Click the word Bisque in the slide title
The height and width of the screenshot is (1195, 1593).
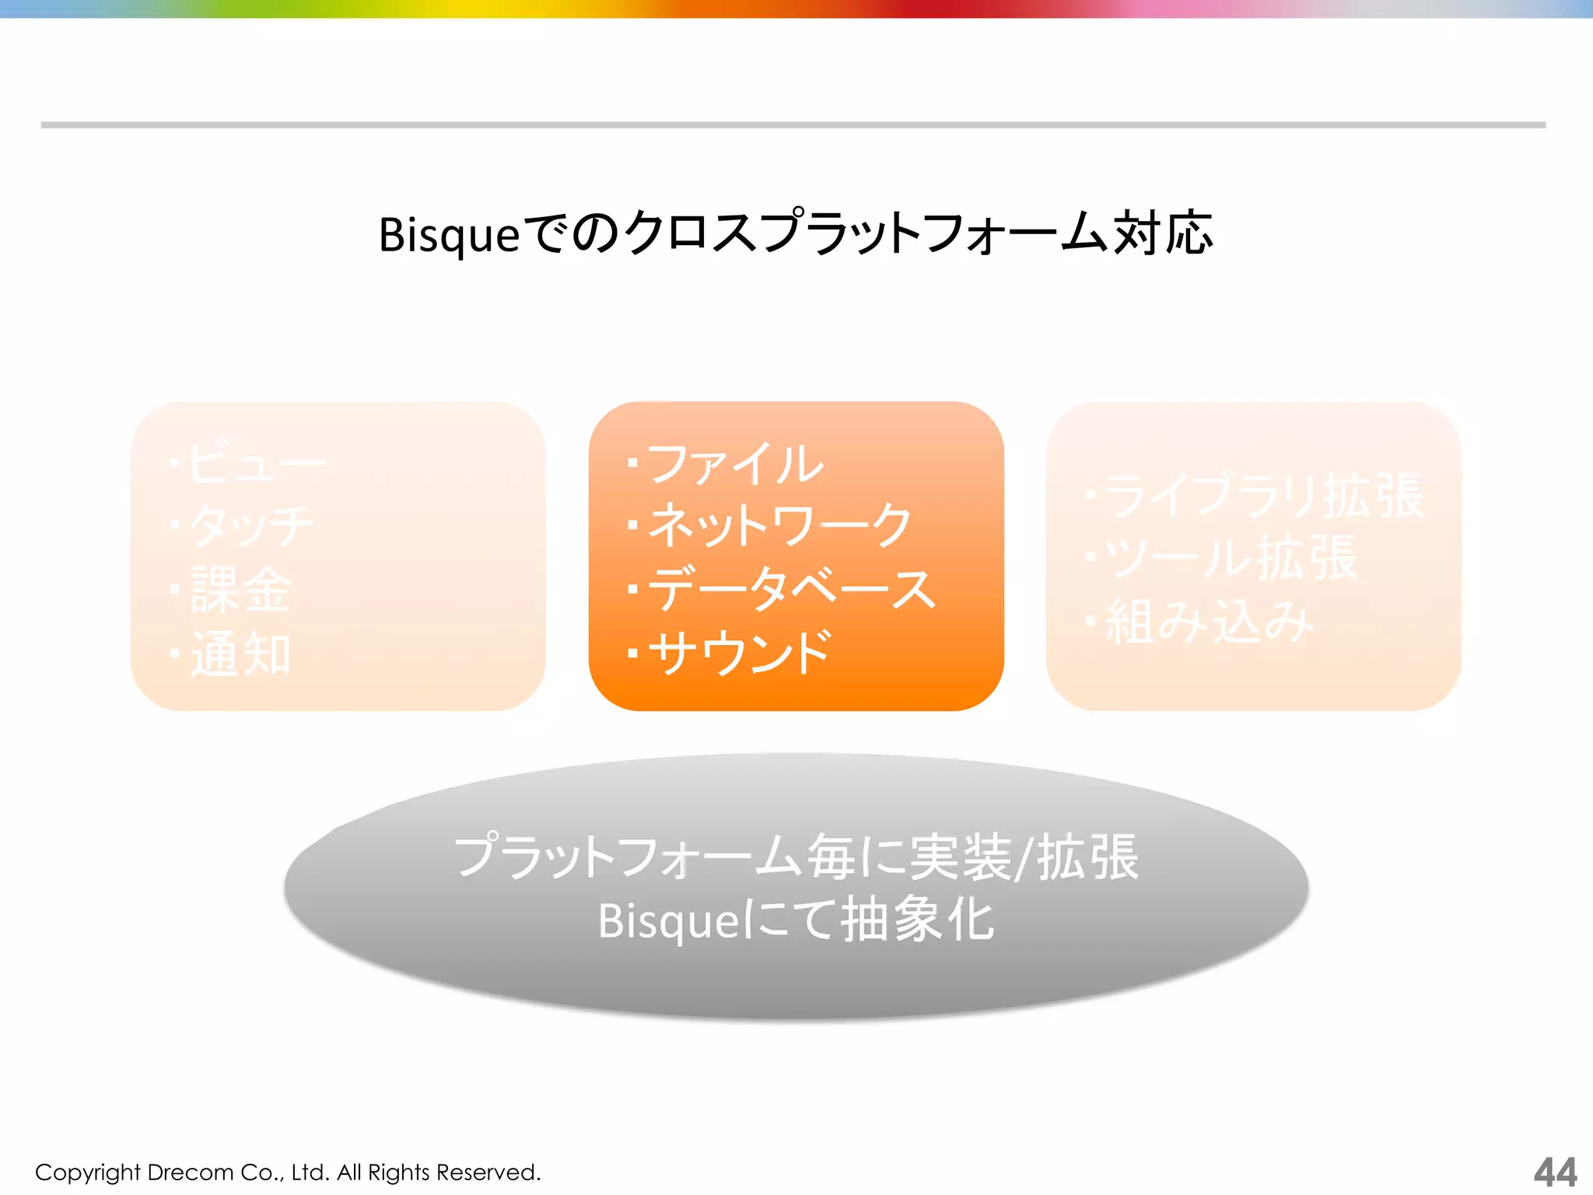tap(449, 234)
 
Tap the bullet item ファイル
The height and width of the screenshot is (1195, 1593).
tap(734, 464)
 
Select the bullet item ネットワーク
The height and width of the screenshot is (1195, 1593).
tap(779, 525)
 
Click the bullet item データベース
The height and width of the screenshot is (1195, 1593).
tap(792, 589)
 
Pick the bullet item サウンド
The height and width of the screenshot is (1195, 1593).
tap(740, 653)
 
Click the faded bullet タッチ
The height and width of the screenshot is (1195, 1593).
tap(251, 526)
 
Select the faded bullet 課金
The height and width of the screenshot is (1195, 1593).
tap(240, 590)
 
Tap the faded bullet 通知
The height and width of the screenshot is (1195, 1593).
tap(240, 654)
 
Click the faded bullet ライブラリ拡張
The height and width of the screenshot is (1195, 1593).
tap(1263, 496)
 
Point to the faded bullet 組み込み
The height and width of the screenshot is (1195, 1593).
tap(1210, 622)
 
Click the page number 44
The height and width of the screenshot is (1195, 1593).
tap(1555, 1172)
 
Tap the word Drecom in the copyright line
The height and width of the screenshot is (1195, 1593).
tap(190, 1172)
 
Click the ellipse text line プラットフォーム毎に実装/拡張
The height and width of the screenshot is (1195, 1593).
tap(796, 857)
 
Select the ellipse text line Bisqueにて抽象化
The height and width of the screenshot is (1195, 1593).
tap(796, 920)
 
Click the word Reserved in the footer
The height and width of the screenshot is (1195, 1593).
tap(488, 1172)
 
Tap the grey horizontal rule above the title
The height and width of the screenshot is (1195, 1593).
tap(793, 124)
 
